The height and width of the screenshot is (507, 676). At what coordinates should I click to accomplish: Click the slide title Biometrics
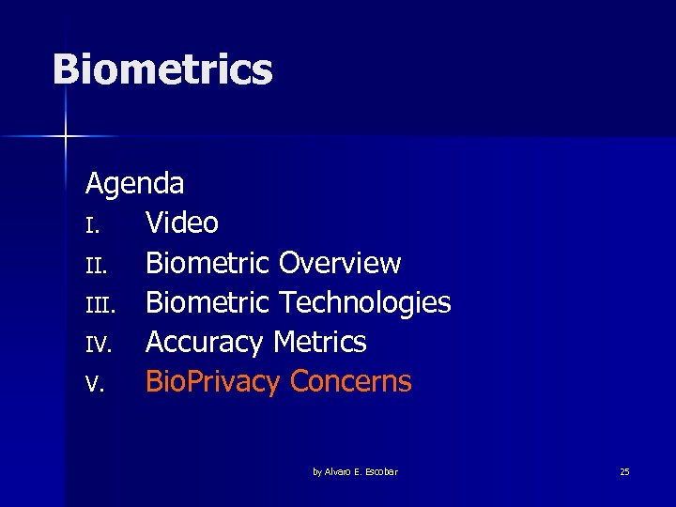point(162,70)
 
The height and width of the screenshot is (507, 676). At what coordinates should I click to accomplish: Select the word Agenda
point(134,183)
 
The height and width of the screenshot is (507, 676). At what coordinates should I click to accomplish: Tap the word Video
point(182,223)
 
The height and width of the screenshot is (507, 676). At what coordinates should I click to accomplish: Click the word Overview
point(340,263)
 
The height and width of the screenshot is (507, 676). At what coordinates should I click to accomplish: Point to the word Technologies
point(365,302)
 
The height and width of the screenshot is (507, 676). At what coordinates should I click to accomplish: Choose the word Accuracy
point(205,343)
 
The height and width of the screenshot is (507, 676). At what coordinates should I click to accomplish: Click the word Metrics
point(320,342)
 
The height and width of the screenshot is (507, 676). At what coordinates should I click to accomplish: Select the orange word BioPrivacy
point(213,382)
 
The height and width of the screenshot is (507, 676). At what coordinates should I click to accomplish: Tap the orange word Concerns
point(351,382)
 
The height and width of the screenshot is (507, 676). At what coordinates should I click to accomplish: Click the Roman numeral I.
point(90,225)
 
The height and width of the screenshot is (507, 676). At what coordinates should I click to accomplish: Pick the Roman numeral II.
point(94,266)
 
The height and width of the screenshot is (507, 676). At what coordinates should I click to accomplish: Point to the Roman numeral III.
point(98,305)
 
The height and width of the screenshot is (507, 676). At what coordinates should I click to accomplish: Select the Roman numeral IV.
point(98,346)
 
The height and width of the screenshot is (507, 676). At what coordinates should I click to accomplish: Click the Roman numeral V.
point(91,385)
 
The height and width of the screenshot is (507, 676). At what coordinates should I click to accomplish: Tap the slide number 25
point(624,471)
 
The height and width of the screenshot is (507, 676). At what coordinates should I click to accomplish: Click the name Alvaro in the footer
point(339,471)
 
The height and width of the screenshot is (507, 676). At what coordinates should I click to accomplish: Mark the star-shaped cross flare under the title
point(66,137)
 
